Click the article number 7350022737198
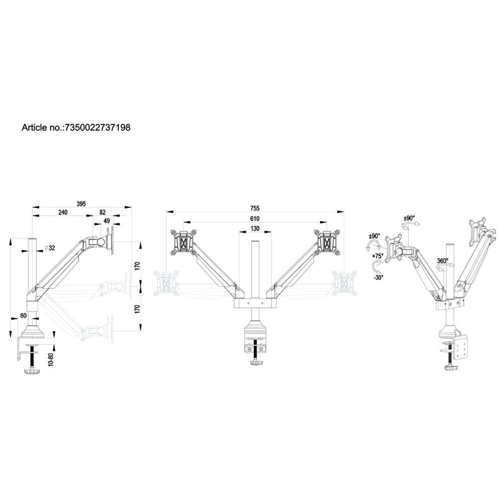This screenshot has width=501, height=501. pos(98,128)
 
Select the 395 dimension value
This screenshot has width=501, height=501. pos(81,204)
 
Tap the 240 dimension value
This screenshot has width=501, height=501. pos(63,212)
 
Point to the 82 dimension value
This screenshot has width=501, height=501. pos(102,212)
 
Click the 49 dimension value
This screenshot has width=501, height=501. pos(107,221)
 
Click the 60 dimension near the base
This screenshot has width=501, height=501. pos(24,316)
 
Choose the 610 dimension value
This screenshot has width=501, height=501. pos(255,219)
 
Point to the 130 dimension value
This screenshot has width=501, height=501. pos(255,229)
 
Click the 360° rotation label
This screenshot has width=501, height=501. pos(442,261)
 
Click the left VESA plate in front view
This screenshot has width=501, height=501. pos(183,243)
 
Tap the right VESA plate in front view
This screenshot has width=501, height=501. pos(327,243)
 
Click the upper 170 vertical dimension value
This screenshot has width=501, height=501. pos(137,265)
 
